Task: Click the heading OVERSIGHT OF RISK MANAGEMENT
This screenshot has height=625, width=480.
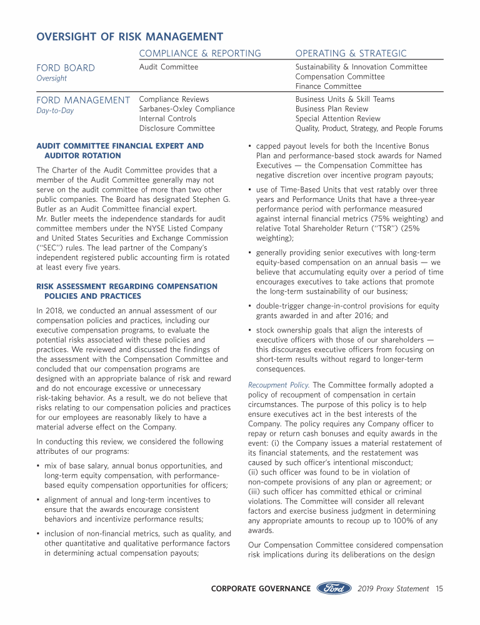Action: [x=129, y=37]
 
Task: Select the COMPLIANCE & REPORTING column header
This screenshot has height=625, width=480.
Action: [x=200, y=54]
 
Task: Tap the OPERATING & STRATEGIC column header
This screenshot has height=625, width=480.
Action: [x=351, y=54]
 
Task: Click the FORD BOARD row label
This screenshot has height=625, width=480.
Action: [x=66, y=67]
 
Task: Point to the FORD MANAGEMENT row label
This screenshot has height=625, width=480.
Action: [x=83, y=100]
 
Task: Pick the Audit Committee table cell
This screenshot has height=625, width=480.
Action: [x=169, y=67]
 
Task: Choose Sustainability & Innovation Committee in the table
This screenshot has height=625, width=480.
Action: [x=361, y=67]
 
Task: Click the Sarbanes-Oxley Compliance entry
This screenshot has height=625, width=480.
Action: [x=187, y=109]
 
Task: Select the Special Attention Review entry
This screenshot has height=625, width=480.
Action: [x=337, y=119]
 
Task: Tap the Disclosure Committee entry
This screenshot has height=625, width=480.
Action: [x=177, y=129]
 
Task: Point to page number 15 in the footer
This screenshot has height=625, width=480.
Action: [x=439, y=589]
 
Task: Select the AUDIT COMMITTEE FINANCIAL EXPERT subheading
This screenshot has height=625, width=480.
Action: [x=120, y=146]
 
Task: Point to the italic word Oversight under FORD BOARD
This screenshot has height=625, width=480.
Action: [x=52, y=79]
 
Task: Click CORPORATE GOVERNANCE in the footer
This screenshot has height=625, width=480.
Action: [x=261, y=589]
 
